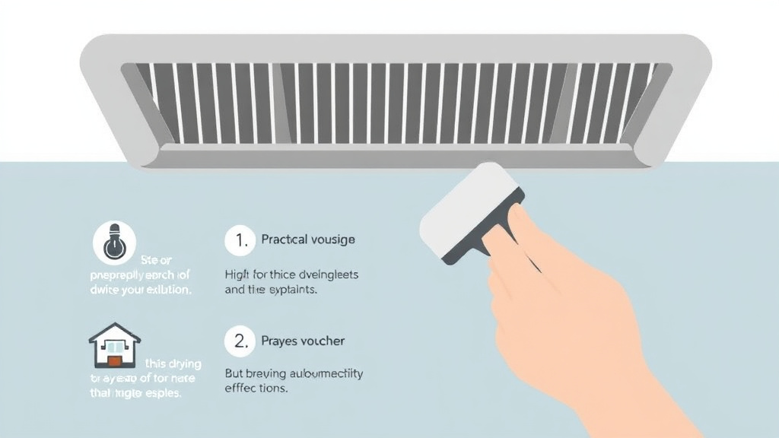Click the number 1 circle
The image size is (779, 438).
pyautogui.click(x=240, y=240)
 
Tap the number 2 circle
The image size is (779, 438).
pyautogui.click(x=240, y=341)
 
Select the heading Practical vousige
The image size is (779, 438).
pyautogui.click(x=308, y=240)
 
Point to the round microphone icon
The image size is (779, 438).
pyautogui.click(x=114, y=242)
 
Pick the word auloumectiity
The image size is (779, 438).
pyautogui.click(x=327, y=373)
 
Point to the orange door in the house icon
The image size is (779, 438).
pyautogui.click(x=114, y=360)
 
